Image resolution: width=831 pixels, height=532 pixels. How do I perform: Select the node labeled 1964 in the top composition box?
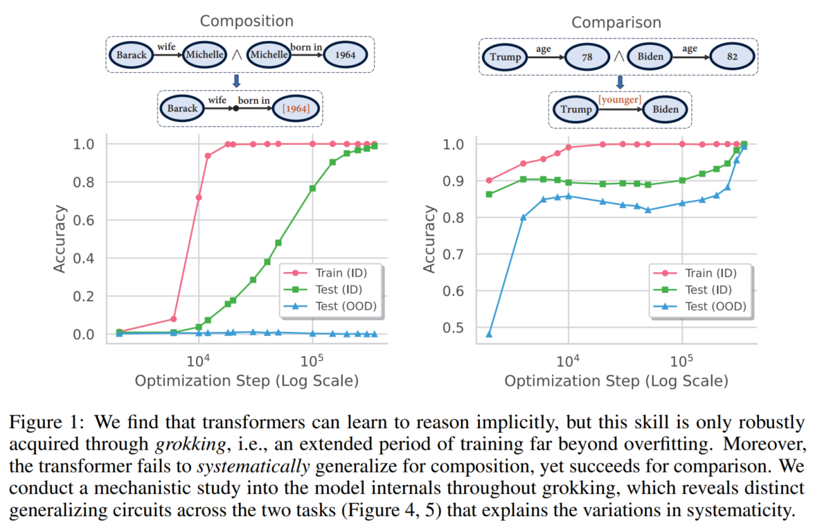pos(346,55)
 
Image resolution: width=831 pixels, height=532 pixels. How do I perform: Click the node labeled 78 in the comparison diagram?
pos(587,56)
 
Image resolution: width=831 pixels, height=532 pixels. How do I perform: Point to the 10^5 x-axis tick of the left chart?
pos(312,360)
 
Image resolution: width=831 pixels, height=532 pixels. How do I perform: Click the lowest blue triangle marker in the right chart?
pos(489,334)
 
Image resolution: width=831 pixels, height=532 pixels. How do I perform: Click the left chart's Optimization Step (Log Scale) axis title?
pos(247,380)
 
